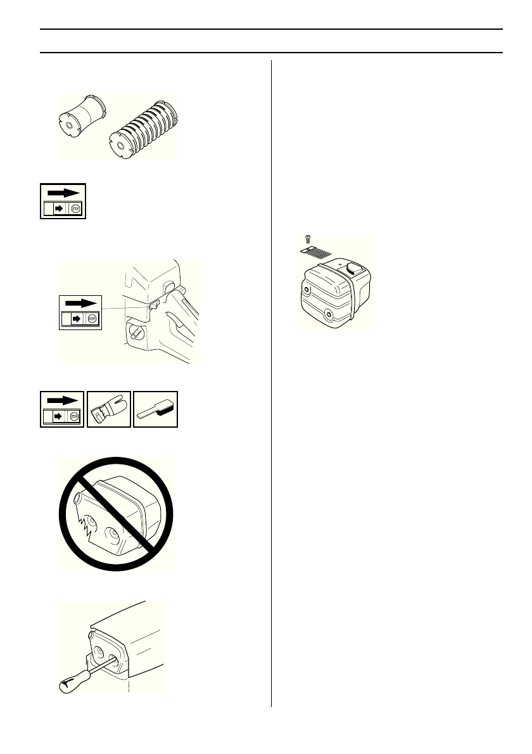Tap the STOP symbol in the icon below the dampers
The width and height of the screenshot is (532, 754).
[x=77, y=210]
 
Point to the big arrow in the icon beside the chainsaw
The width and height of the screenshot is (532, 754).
[x=82, y=303]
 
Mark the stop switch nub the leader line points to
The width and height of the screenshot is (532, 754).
[x=153, y=305]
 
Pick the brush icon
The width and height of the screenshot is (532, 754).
[x=155, y=409]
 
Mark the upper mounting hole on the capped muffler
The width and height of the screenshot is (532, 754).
[x=307, y=290]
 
